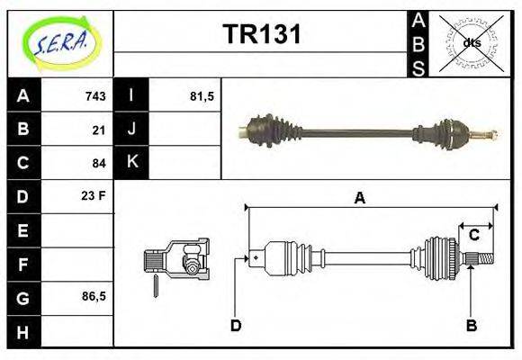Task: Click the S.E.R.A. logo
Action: tap(60, 42)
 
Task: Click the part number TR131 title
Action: tap(261, 35)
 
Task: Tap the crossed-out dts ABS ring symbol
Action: tap(471, 42)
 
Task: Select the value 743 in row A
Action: tap(95, 96)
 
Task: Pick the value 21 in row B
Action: tap(99, 130)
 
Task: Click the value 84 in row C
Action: tap(99, 163)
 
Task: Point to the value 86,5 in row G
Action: tap(94, 296)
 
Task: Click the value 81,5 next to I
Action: tap(201, 96)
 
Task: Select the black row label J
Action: tap(131, 130)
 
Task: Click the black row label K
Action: tap(131, 163)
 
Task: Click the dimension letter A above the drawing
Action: tap(359, 199)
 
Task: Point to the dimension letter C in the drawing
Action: tap(473, 235)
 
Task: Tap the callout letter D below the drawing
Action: tap(236, 325)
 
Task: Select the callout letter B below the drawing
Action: tap(471, 325)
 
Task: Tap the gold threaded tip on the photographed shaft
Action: tap(489, 136)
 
